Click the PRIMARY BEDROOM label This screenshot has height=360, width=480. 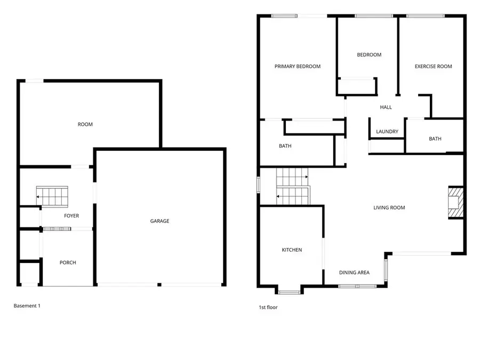point(297,67)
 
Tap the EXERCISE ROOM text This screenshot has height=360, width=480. point(433,67)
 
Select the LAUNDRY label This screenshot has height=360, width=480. point(387,132)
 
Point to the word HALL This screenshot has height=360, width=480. point(386,107)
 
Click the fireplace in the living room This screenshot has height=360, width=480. point(455,203)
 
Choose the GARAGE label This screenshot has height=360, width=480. point(159,221)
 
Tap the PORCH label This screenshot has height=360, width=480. point(68,262)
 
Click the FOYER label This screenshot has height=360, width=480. point(71,216)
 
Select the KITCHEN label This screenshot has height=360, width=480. point(292,250)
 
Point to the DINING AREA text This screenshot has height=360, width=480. point(354,273)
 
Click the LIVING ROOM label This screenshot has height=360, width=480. point(389,207)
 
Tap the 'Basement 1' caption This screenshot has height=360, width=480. point(27,306)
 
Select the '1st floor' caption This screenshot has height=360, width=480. point(268,307)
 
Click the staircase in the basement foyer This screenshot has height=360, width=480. point(52,196)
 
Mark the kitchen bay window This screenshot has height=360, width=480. point(289,291)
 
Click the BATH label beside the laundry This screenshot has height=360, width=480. point(435,139)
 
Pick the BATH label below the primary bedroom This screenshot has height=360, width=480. point(285,146)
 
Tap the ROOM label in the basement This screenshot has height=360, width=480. point(85,124)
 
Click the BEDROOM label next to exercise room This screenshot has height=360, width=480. point(369,54)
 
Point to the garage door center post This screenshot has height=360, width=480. point(159,285)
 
